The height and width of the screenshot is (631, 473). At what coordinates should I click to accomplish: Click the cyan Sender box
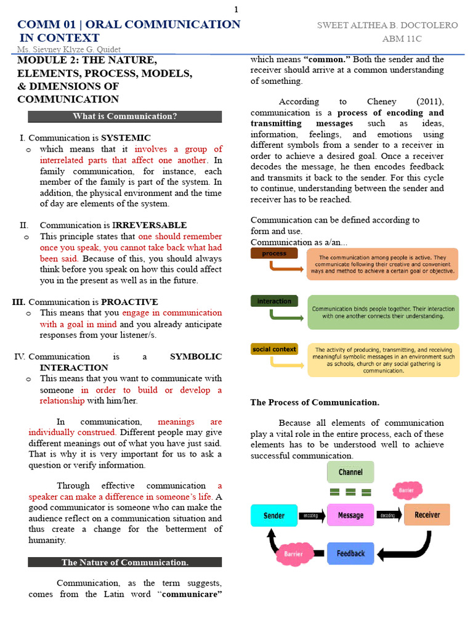coord(274,515)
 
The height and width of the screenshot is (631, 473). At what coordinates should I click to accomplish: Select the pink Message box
coord(350,515)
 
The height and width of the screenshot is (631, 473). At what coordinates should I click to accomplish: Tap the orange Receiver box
coord(427,515)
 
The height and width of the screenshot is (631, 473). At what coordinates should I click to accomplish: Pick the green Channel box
coord(350,472)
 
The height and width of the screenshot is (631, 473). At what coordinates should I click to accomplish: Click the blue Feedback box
coord(350,553)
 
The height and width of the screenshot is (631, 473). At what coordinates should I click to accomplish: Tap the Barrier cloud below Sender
coord(293,553)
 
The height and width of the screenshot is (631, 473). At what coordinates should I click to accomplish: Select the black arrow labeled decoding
coord(388,515)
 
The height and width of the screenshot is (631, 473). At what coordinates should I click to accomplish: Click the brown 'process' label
coord(274,253)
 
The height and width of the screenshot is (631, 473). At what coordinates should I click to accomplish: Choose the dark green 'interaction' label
coord(274,301)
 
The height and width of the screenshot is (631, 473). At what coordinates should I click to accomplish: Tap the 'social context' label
coord(274,349)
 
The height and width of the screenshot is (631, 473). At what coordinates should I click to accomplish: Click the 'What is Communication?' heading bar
coord(125,116)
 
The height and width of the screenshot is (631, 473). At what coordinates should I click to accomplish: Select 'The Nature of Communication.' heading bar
coord(125,562)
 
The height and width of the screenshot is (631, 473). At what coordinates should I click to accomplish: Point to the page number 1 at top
coord(236,9)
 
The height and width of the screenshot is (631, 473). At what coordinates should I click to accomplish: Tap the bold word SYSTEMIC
coord(126,138)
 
